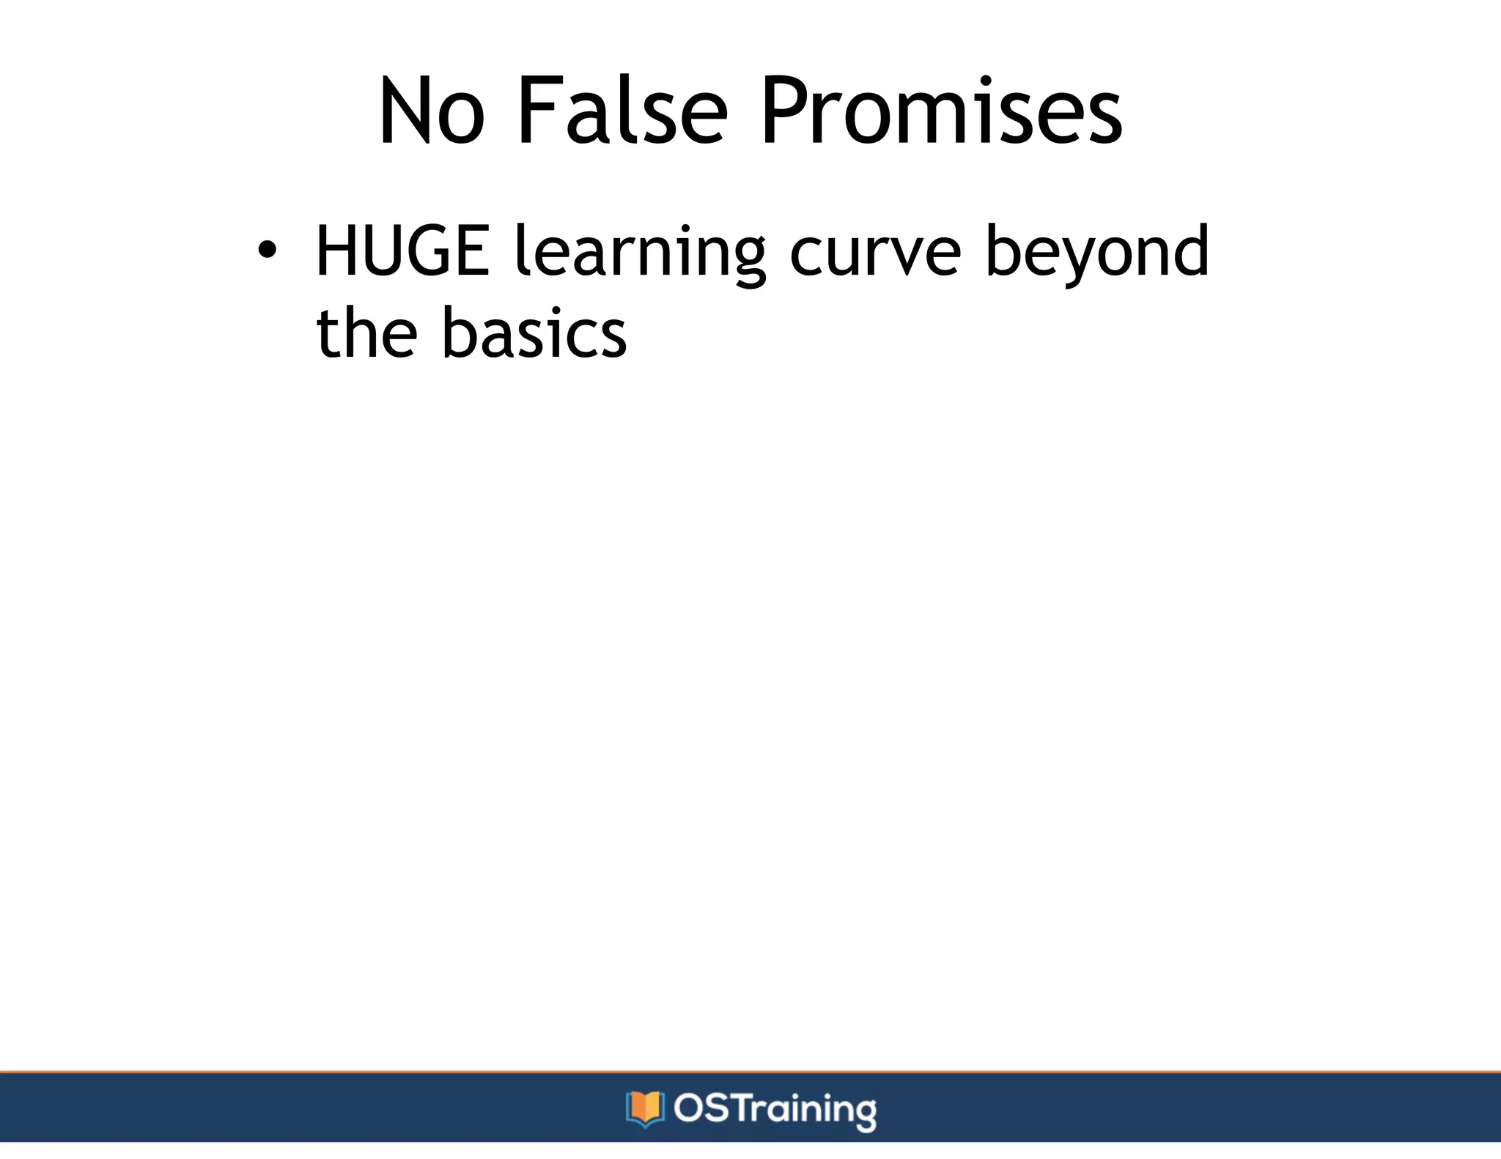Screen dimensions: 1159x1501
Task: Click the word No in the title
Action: tap(431, 111)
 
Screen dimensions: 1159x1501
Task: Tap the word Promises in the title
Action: tap(940, 111)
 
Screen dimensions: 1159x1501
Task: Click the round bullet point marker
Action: tap(268, 251)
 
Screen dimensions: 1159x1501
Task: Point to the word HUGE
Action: tap(402, 251)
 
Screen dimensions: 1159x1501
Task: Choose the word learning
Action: tap(640, 253)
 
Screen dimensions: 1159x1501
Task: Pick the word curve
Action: tap(874, 253)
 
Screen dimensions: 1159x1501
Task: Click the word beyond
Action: tap(1096, 253)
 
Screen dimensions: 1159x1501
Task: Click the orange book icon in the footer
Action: tap(645, 1108)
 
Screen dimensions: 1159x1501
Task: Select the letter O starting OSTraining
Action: tap(689, 1108)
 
